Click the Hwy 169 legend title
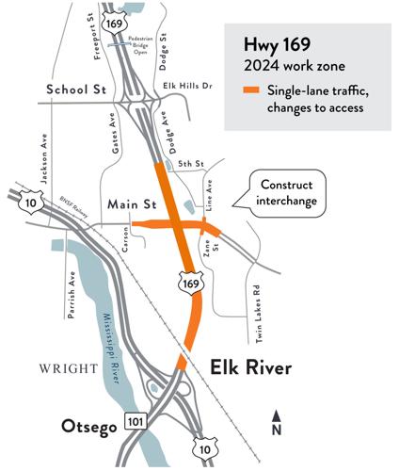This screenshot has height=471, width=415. point(279,44)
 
